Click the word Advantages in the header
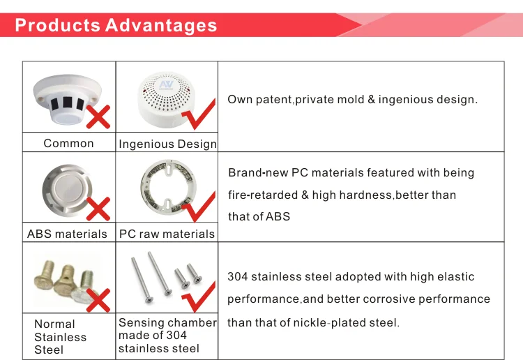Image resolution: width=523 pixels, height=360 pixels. pyautogui.click(x=161, y=26)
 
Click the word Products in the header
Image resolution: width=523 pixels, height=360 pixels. pyautogui.click(x=58, y=26)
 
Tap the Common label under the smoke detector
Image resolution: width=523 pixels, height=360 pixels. pyautogui.click(x=68, y=143)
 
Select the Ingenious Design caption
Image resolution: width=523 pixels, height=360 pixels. pyautogui.click(x=167, y=144)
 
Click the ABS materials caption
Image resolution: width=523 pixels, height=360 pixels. pyautogui.click(x=67, y=234)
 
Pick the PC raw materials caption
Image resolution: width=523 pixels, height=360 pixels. pyautogui.click(x=167, y=234)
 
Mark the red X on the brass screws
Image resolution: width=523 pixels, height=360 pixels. pyautogui.click(x=97, y=300)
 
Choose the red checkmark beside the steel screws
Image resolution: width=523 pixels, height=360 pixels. pyautogui.click(x=199, y=297)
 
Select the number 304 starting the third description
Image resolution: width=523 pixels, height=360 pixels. pyautogui.click(x=238, y=277)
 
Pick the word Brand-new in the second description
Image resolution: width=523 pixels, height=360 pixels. pyautogui.click(x=256, y=173)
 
